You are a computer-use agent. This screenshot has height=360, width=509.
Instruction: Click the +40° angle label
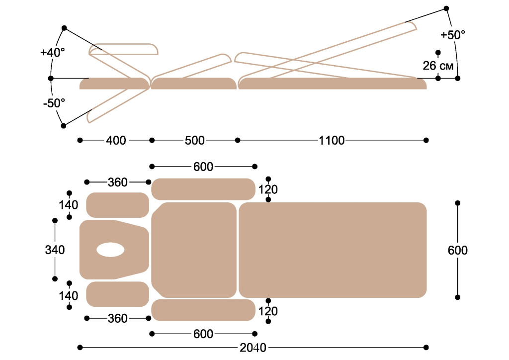tap(53, 52)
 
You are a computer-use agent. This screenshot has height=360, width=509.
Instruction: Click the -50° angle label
tap(54, 103)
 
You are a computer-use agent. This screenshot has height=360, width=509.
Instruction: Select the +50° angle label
tap(452, 35)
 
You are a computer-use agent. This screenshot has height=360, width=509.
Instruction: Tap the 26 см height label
tap(438, 66)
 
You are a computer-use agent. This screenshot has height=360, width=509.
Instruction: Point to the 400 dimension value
tap(116, 141)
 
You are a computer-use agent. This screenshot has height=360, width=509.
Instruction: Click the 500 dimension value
tap(195, 141)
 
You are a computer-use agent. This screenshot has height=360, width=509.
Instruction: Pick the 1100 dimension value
tap(332, 141)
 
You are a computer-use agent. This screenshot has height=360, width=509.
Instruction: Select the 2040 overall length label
tap(253, 348)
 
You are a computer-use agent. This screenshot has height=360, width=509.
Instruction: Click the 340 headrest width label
tap(55, 250)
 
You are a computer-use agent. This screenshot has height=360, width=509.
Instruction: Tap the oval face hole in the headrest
tap(110, 250)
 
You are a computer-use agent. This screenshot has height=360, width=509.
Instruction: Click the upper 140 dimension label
tap(68, 205)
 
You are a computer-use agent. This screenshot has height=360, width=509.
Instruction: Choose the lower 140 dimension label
tap(68, 295)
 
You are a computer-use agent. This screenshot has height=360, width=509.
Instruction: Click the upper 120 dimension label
tap(268, 189)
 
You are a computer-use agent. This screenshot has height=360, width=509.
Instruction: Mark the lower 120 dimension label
tap(268, 311)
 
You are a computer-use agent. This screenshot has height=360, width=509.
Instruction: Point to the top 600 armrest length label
tap(203, 167)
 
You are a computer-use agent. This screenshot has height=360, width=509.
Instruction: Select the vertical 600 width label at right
tap(458, 250)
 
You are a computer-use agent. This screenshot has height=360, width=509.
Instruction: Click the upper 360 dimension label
tap(117, 182)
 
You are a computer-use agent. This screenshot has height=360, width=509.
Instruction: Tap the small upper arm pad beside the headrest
tap(117, 205)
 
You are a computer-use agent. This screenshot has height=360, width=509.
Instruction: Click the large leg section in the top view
tap(333, 250)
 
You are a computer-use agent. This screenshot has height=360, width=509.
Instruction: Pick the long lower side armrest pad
tap(203, 310)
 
